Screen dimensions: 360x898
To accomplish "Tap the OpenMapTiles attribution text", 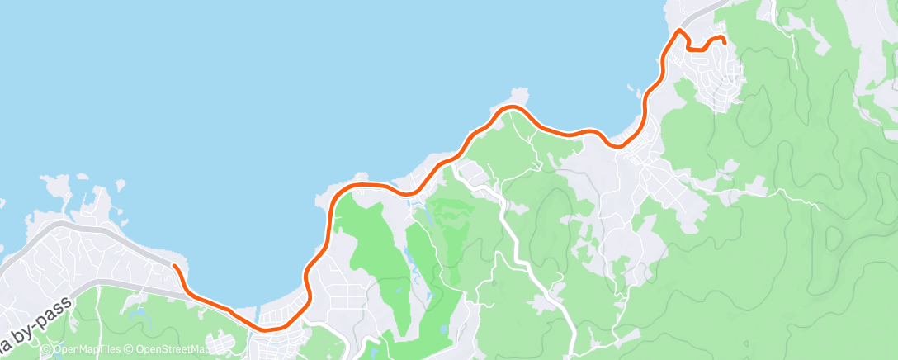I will click(84, 349).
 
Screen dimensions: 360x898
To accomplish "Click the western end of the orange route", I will click(174, 266).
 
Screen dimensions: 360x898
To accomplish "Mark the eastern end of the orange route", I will click(723, 40).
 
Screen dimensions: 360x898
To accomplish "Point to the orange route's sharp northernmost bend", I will click(680, 31).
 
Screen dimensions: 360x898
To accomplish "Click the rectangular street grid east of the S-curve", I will click(347, 297).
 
